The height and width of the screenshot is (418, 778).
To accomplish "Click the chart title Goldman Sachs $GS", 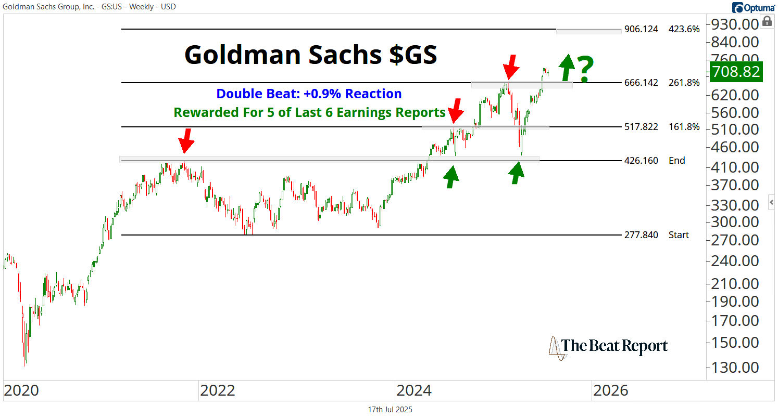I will pos(311,55).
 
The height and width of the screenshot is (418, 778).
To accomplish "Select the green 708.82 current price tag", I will pos(736,71).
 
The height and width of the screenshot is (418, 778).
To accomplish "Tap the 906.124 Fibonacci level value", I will pos(641,30).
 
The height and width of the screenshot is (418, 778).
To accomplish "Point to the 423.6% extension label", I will pos(684,30).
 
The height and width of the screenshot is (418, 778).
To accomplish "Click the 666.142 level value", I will pos(641,83).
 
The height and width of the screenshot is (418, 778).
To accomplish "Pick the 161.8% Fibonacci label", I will pos(684,127).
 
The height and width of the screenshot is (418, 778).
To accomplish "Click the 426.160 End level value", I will pos(641,161).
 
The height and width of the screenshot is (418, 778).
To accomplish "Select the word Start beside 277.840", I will pos(679,235).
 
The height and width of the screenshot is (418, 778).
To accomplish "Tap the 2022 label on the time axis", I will pos(217,390).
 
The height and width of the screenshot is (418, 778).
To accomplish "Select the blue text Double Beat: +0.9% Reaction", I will pos(309,94).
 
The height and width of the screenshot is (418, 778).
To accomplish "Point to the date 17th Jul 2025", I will pos(390,410).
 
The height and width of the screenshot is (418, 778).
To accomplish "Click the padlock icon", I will pos(767,21).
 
